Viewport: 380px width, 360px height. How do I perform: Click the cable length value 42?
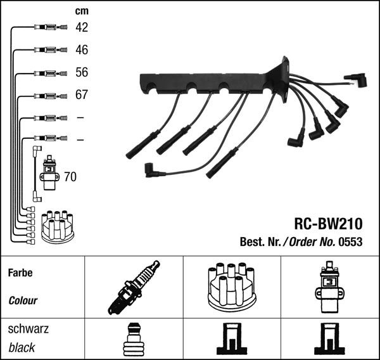point(82,27)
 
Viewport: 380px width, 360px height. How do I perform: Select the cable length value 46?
point(82,49)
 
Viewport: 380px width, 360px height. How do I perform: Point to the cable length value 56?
point(82,72)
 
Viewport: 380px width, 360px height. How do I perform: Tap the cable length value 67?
point(82,95)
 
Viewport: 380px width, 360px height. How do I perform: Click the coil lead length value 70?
point(70,177)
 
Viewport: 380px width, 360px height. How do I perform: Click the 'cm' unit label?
point(82,11)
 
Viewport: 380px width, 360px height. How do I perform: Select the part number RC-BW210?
point(327,224)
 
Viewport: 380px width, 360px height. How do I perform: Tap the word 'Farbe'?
point(20,273)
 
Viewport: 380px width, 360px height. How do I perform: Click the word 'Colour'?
point(23,301)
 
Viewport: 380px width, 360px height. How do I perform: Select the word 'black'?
point(22,347)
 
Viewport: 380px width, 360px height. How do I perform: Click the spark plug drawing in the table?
point(134,287)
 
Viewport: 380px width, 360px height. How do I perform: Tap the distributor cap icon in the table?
point(231,286)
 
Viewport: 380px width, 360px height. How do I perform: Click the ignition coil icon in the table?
point(329,286)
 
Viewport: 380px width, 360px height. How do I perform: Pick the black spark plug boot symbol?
point(134,340)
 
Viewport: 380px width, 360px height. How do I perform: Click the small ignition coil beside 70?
point(48,174)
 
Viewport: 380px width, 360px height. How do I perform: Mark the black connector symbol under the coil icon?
point(329,340)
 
